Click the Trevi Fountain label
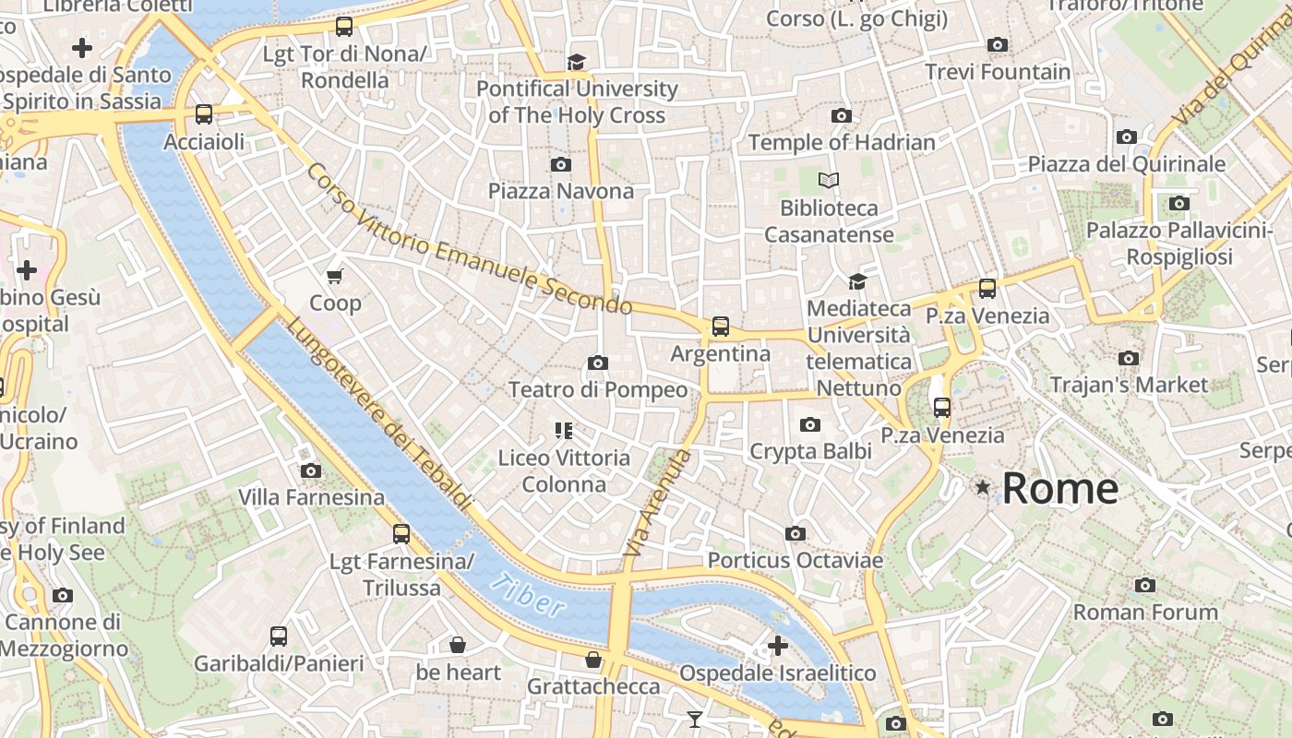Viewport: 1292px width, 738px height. click(x=998, y=72)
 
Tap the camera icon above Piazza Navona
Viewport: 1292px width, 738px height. click(x=560, y=165)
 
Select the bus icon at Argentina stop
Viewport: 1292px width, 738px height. click(x=720, y=327)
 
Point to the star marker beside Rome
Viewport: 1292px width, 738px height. click(x=983, y=486)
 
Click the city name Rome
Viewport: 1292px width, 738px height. click(x=1059, y=488)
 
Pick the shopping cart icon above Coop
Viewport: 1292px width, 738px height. click(x=335, y=276)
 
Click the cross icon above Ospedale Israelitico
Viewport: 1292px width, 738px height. click(x=778, y=646)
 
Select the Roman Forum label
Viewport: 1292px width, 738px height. click(x=1145, y=612)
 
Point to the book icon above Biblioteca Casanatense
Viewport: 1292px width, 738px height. click(x=829, y=181)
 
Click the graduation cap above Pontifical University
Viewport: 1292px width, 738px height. click(x=577, y=62)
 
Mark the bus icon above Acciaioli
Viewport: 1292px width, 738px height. click(x=204, y=115)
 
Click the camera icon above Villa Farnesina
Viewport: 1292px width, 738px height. click(x=311, y=470)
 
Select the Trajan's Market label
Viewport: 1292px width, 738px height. click(x=1129, y=385)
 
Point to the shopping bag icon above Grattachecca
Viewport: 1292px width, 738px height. click(x=593, y=660)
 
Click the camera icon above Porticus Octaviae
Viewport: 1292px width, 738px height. click(x=796, y=533)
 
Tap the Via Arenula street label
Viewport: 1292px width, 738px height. click(x=657, y=504)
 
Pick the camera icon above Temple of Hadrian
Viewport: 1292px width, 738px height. click(x=842, y=115)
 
